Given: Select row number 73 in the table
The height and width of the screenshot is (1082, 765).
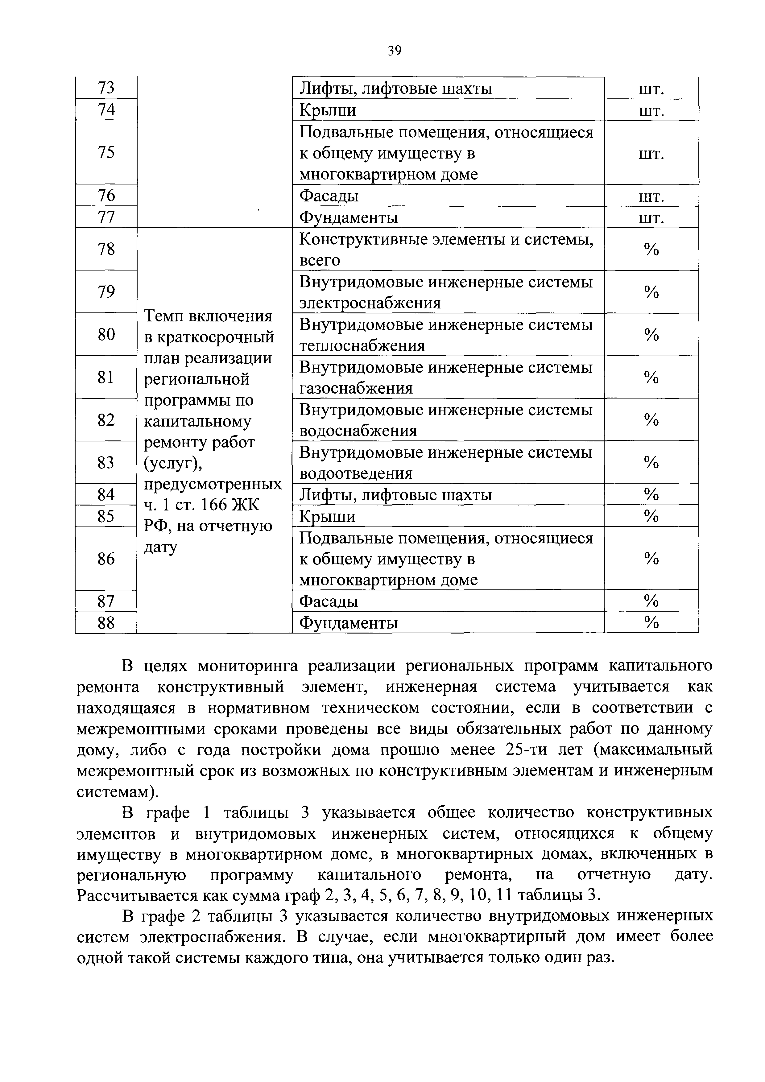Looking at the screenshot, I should tap(106, 88).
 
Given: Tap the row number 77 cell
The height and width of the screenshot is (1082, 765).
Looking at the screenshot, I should tap(106, 217).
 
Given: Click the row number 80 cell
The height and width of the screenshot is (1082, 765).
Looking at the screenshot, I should tap(106, 335).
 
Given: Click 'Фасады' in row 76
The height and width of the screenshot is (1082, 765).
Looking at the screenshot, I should tap(329, 196).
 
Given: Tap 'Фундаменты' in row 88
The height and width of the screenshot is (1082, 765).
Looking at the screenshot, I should tap(349, 623).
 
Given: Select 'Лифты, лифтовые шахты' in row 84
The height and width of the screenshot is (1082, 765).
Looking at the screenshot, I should tap(396, 495).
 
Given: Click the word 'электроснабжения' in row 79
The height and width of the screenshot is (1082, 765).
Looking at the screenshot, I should tap(370, 303).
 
